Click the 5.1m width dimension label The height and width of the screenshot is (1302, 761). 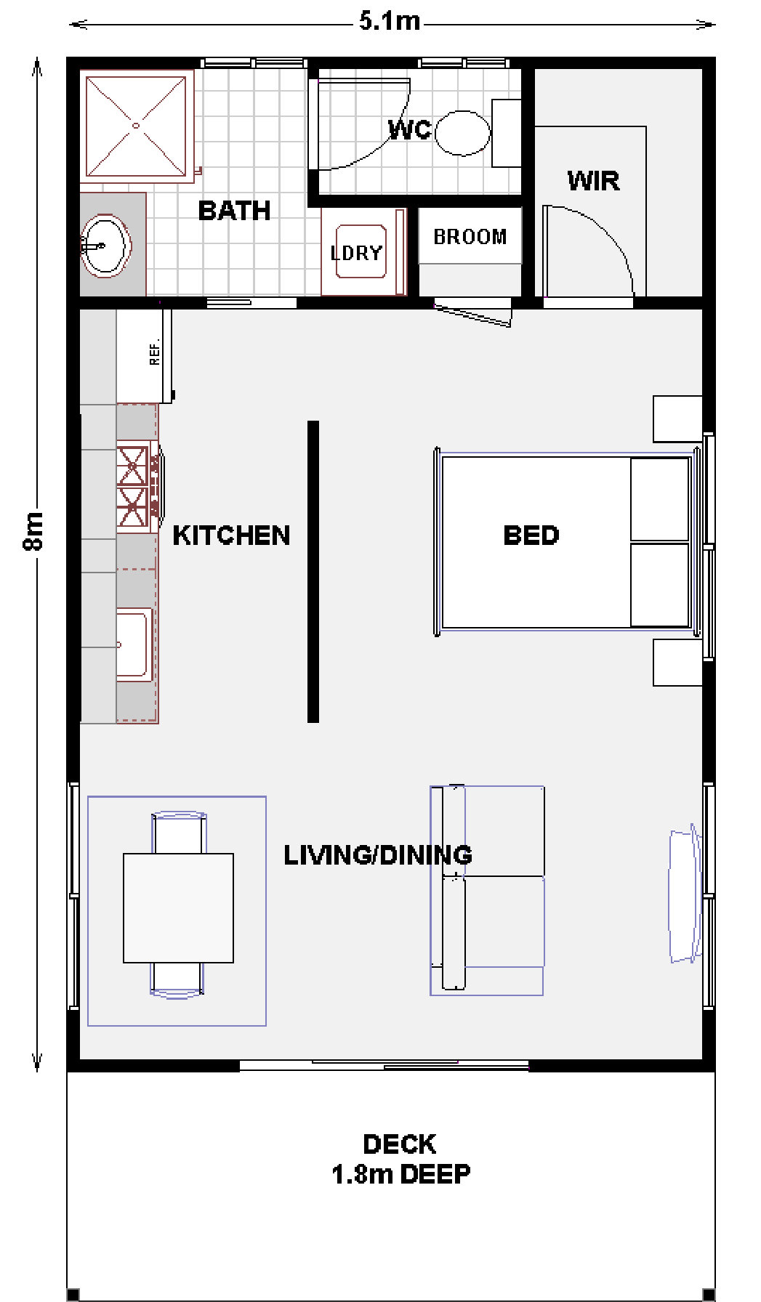[390, 21]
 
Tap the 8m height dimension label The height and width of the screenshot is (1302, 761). [33, 531]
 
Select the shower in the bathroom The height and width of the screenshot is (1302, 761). [136, 126]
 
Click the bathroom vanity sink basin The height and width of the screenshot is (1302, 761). [105, 246]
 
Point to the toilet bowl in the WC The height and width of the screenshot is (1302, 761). [463, 133]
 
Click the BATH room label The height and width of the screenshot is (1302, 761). [234, 211]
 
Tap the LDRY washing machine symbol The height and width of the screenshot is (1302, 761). [361, 252]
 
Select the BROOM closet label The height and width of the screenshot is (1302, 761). [470, 237]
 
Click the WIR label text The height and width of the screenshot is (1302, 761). [593, 180]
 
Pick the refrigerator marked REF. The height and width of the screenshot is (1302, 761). [145, 356]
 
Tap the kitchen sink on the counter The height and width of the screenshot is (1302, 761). [134, 644]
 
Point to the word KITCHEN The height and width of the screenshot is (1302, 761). [231, 535]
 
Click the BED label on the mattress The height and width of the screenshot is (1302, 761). [531, 535]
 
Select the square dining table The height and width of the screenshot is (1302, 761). [178, 907]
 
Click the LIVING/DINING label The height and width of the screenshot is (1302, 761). [377, 855]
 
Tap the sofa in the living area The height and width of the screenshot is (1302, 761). [487, 890]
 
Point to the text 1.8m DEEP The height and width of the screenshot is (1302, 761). [400, 1174]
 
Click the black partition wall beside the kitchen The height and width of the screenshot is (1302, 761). [313, 572]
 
